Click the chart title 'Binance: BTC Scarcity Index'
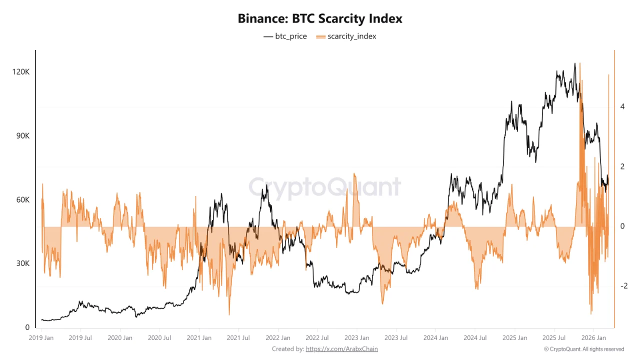[320, 19]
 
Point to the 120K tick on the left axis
[21, 72]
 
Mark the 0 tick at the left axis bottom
[27, 327]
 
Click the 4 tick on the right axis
[622, 106]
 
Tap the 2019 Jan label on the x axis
[41, 338]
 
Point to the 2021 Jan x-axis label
[199, 338]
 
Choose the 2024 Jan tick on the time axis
[435, 338]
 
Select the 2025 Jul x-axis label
[554, 338]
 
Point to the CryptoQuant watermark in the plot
[325, 187]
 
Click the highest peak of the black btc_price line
[575, 63]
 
